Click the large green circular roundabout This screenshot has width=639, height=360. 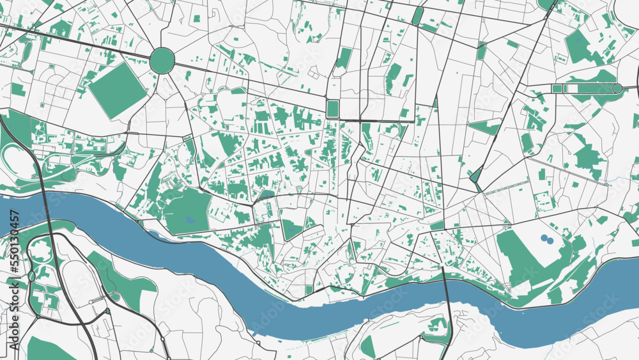(x=162, y=60)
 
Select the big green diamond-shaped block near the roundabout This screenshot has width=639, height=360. (x=118, y=90)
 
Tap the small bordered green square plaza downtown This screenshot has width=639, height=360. (x=332, y=109)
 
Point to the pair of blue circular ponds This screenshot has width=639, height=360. (x=548, y=239)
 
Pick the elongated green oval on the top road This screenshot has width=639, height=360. (x=417, y=15)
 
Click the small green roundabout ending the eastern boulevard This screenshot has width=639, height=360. (x=617, y=88)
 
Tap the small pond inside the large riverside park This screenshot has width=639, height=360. (x=189, y=220)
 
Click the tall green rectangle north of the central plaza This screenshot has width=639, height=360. (x=344, y=59)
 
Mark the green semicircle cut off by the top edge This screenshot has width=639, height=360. (x=546, y=4)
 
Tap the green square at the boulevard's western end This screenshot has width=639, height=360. (x=557, y=88)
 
